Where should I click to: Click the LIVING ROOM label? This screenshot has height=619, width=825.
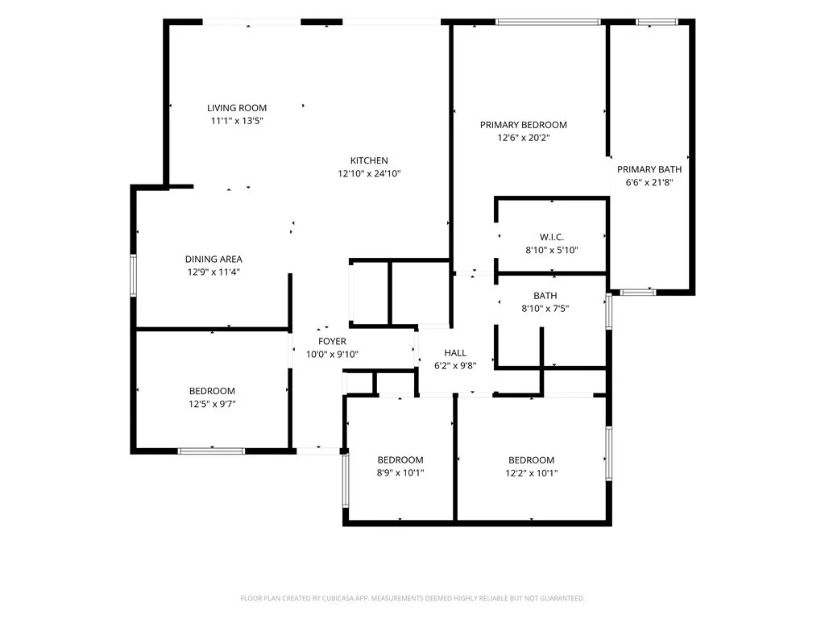[x=237, y=108]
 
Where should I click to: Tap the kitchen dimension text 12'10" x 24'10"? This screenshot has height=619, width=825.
[x=369, y=174]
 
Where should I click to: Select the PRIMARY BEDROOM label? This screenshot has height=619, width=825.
[x=524, y=125]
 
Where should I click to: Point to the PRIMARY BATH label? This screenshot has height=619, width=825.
[x=649, y=169]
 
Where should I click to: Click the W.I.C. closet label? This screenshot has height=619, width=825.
[x=552, y=238]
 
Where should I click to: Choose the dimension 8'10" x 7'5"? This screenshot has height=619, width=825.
[x=545, y=309]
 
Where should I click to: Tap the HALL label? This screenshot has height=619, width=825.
[x=455, y=353]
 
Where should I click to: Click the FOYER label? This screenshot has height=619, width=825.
[x=332, y=342]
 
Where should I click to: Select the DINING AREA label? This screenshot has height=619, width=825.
[x=214, y=259]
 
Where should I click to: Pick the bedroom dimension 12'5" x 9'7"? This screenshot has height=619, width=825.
[x=212, y=405]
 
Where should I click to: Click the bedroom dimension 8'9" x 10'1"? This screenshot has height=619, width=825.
[x=400, y=473]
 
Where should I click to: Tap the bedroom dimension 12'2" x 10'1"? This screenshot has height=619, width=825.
[x=532, y=473]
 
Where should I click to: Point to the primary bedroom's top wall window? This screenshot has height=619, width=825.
[x=548, y=22]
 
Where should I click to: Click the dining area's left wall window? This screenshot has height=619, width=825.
[x=133, y=275]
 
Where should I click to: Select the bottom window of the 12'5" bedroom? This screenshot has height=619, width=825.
[x=211, y=451]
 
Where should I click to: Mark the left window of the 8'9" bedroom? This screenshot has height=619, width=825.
[x=346, y=480]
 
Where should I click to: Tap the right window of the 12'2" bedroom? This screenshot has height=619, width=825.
[x=609, y=453]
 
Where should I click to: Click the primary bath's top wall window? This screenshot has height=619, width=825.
[x=657, y=22]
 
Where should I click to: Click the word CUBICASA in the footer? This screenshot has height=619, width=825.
[x=345, y=599]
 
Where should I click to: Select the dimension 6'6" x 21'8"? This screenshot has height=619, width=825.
[x=649, y=183]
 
